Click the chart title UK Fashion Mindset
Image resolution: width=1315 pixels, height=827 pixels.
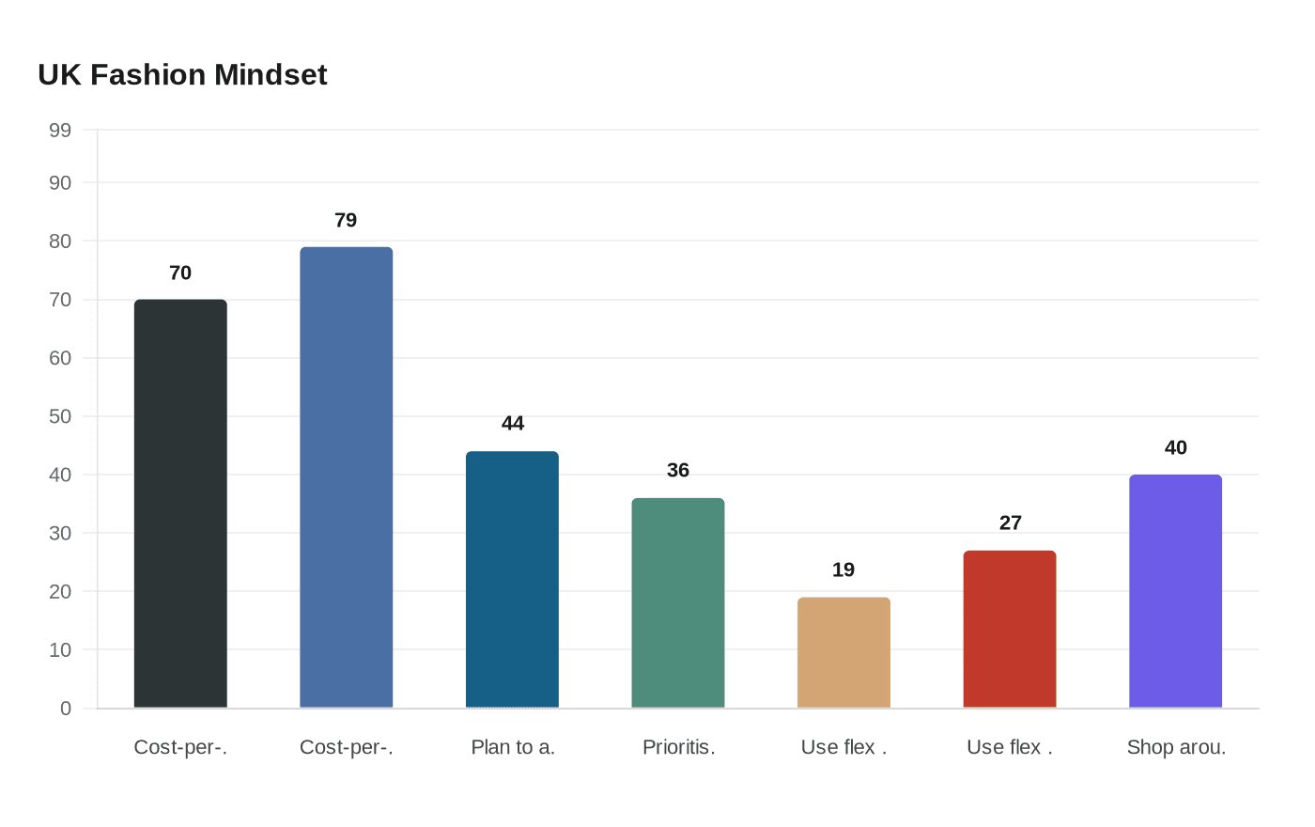[x=182, y=74]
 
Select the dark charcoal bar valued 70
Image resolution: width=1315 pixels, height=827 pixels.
[x=180, y=504]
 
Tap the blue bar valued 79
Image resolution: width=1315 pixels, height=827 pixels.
[x=346, y=477]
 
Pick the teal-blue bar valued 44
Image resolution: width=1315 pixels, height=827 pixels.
[x=512, y=580]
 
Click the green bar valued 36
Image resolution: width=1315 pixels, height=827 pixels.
[x=678, y=603]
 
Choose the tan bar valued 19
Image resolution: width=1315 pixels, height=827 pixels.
[x=843, y=652]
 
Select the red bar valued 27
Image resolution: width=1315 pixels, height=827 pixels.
[x=1010, y=629]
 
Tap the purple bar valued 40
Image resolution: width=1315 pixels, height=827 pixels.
[x=1175, y=591]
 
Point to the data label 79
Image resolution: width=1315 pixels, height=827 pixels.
[x=346, y=220]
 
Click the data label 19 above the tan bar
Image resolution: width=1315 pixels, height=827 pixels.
[x=843, y=570]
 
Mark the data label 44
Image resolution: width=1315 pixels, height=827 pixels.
[x=513, y=423]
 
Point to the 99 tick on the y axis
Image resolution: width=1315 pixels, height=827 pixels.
[x=60, y=131]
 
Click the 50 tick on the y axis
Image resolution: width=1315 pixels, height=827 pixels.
[x=60, y=416]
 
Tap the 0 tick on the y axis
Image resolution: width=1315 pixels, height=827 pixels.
[x=66, y=709]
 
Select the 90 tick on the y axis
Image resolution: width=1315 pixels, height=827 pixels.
[x=60, y=183]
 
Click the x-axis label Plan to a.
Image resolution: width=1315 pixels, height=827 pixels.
[x=513, y=747]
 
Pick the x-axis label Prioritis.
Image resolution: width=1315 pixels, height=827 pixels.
[x=679, y=747]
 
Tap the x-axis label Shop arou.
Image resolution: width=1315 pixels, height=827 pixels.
[x=1176, y=747]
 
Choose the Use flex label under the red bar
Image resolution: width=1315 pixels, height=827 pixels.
[x=1010, y=747]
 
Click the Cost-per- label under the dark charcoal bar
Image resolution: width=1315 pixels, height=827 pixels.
[x=180, y=747]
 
